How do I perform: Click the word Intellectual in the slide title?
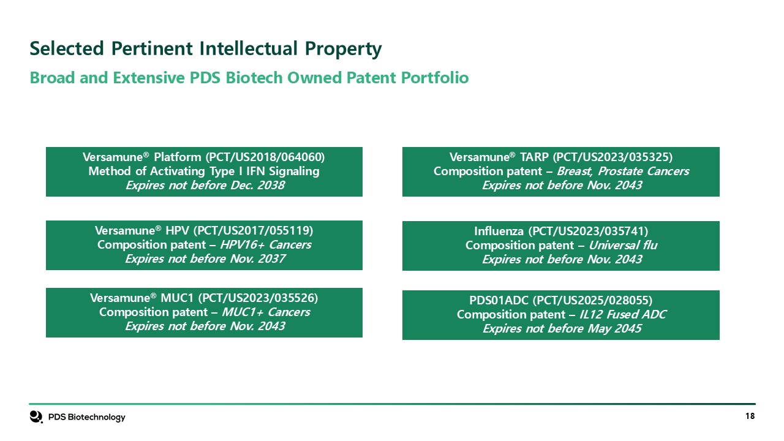click(248, 48)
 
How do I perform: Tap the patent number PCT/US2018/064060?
click(265, 157)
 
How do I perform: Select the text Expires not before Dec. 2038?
click(205, 185)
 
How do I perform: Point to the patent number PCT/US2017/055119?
click(253, 231)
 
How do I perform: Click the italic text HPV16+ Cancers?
click(266, 244)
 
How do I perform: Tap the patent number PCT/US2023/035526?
click(258, 298)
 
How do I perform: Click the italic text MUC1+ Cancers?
click(266, 312)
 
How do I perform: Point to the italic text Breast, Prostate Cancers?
click(623, 171)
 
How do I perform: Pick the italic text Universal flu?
click(623, 246)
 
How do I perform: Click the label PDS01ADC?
click(499, 301)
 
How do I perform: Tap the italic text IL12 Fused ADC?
click(623, 315)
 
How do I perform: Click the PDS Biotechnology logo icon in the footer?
click(36, 417)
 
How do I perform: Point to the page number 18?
click(750, 416)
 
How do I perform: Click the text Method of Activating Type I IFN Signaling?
click(204, 171)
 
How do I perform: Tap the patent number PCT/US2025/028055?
click(592, 301)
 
